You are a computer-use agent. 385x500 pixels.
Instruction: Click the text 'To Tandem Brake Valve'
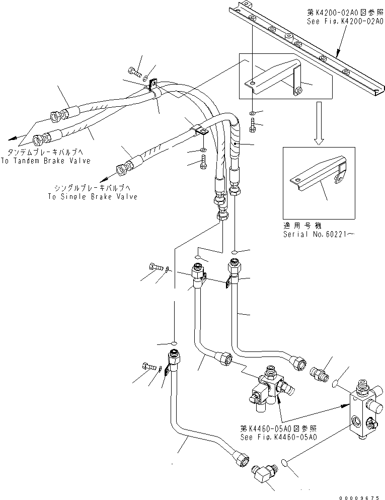(49, 161)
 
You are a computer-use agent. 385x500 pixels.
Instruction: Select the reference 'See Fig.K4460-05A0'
(279, 437)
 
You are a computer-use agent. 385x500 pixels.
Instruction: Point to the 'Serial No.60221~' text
(315, 235)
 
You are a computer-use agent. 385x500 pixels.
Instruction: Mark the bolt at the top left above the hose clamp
(134, 72)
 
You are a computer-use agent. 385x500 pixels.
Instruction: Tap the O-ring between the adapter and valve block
(335, 385)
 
